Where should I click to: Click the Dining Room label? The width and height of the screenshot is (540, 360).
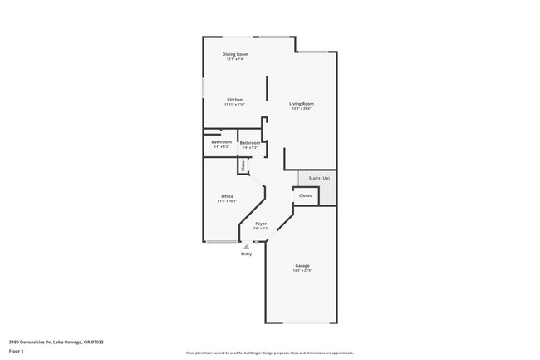[235, 54]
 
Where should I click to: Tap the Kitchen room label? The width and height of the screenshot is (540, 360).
[234, 99]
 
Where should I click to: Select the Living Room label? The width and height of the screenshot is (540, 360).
[302, 103]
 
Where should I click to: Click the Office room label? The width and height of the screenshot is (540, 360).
[227, 196]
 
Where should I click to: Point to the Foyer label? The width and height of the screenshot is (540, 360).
[261, 224]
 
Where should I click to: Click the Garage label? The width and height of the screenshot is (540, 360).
[302, 265]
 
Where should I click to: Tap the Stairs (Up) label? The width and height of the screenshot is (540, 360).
[319, 178]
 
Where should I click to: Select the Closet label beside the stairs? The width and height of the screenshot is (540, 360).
[305, 195]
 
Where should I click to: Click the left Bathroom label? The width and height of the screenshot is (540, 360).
[221, 141]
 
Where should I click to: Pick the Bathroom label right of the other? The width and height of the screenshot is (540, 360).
[250, 143]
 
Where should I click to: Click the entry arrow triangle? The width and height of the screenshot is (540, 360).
[246, 246]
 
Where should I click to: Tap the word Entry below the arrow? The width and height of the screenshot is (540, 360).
[247, 254]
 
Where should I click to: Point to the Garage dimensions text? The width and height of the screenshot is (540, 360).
[302, 271]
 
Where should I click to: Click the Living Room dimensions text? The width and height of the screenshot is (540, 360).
[302, 109]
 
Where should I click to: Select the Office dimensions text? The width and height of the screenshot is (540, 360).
[227, 201]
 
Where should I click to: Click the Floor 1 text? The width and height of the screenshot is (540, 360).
[17, 351]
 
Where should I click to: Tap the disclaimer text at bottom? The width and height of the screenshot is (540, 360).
[269, 352]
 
